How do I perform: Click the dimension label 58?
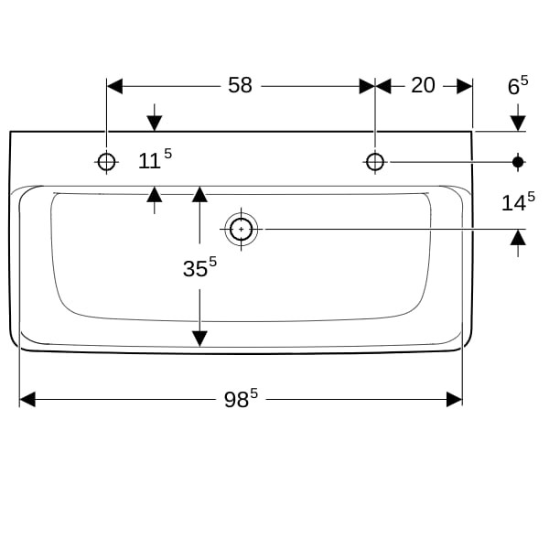(x=240, y=85)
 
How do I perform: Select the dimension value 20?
(x=423, y=85)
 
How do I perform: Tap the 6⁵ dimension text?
(x=518, y=85)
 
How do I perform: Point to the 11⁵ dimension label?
(x=155, y=159)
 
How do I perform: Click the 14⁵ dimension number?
(x=518, y=201)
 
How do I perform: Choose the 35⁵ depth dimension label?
(x=199, y=267)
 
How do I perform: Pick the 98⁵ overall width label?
(x=241, y=398)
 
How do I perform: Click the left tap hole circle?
(x=106, y=162)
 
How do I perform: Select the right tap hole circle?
(x=375, y=162)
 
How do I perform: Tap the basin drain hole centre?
(x=242, y=229)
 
